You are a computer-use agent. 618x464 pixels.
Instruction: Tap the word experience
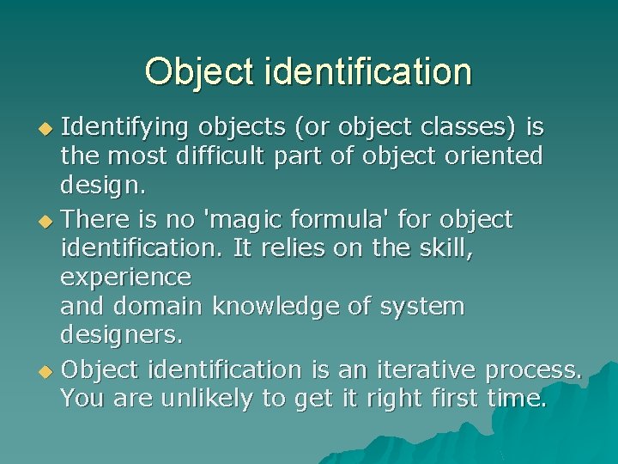point(126,278)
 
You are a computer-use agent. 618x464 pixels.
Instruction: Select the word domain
point(164,306)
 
